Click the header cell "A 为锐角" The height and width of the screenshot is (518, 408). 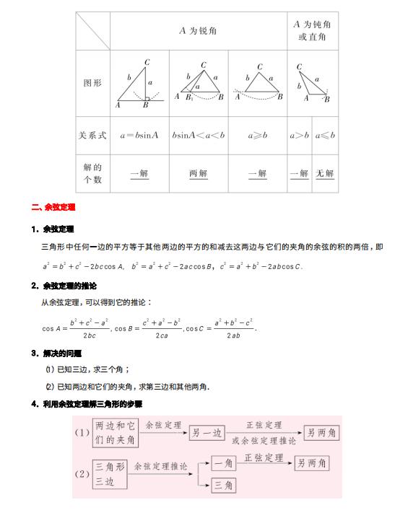(x=197, y=31)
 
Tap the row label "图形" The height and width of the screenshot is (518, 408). (x=92, y=83)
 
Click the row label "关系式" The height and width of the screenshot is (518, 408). (x=92, y=135)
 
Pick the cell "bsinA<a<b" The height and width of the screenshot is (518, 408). (x=198, y=135)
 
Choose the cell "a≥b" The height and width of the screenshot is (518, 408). (x=256, y=135)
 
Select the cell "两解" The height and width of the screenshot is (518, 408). (x=198, y=173)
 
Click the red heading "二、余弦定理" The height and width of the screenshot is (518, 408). (x=54, y=207)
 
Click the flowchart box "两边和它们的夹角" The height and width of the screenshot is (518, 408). (x=116, y=432)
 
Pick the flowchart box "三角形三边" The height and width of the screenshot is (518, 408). (x=109, y=474)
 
